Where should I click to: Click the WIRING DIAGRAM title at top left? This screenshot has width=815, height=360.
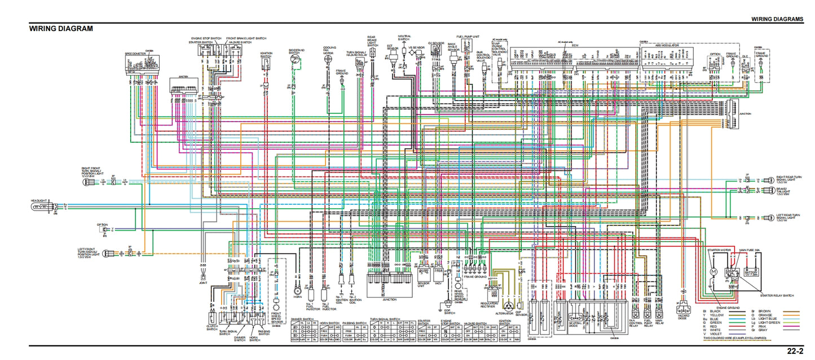click(61, 29)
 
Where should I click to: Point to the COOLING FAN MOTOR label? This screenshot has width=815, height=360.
click(329, 51)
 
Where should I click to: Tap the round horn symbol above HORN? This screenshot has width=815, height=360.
click(297, 292)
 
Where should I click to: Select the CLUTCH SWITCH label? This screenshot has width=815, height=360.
click(212, 327)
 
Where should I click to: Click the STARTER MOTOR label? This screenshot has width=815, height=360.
click(719, 249)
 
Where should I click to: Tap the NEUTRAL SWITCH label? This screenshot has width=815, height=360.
click(404, 38)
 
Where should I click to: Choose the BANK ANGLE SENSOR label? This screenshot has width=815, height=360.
click(452, 47)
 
